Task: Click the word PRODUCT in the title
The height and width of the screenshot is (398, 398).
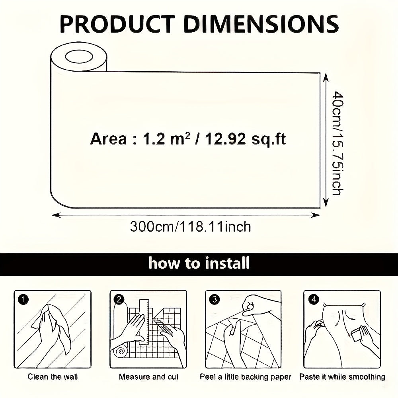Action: tap(117, 24)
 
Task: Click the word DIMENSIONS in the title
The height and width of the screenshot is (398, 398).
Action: tap(261, 24)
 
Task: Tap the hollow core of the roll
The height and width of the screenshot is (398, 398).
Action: tap(79, 57)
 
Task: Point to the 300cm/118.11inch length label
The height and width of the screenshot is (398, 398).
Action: tap(190, 226)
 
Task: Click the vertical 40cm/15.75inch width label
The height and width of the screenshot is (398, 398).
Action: tap(338, 143)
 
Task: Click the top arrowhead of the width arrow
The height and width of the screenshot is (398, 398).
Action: tap(326, 77)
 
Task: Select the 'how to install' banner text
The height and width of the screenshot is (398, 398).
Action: tap(199, 263)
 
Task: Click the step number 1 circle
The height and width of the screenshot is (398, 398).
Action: tap(23, 300)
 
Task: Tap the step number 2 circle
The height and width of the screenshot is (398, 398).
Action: tap(119, 300)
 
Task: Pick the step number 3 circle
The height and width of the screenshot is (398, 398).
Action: tap(215, 300)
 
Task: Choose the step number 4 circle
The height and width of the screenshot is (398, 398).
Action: tap(314, 300)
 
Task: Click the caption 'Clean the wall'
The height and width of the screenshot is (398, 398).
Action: tap(53, 377)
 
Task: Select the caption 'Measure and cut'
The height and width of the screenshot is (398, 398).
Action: tap(149, 377)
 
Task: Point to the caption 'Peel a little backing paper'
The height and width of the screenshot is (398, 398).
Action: tap(246, 377)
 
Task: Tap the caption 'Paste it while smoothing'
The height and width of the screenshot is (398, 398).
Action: tap(342, 377)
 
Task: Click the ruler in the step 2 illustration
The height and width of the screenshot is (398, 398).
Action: tap(144, 322)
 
